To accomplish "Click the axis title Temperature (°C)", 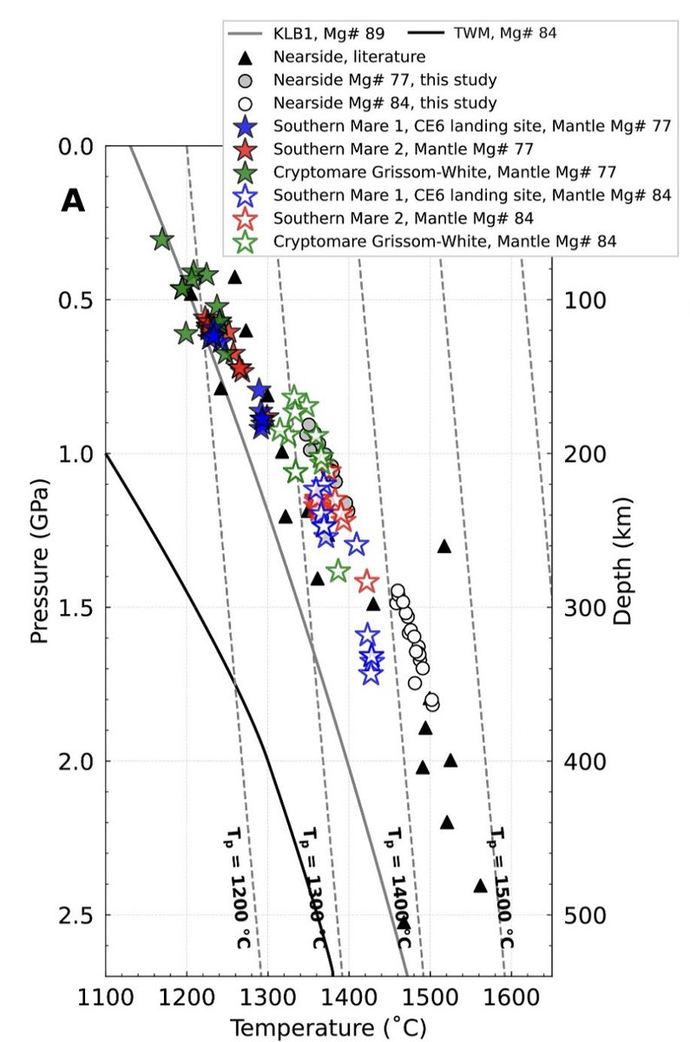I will pyautogui.click(x=328, y=1028).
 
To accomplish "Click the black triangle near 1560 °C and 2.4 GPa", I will pyautogui.click(x=480, y=886).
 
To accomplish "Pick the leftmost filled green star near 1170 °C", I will pyautogui.click(x=161, y=239).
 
